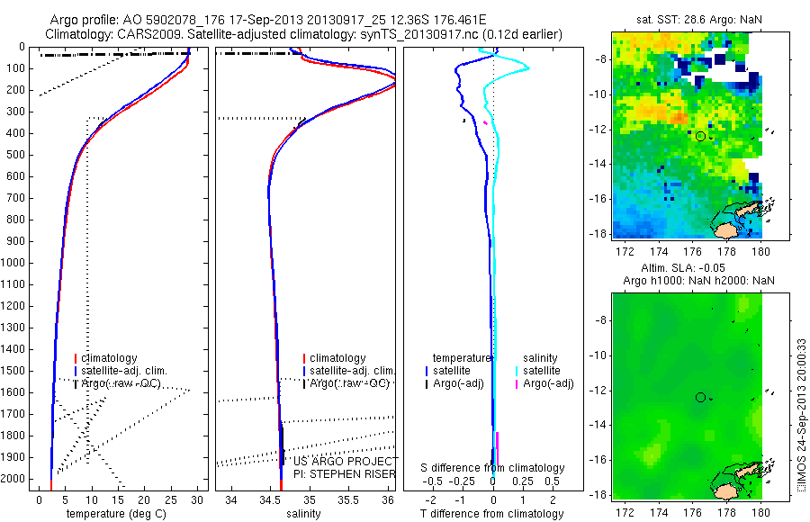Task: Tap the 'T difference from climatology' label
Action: [493, 514]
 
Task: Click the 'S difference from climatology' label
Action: [493, 468]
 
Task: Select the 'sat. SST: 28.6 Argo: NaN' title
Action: [689, 19]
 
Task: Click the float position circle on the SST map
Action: [700, 136]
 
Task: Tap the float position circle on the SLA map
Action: [700, 397]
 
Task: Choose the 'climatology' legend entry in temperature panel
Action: [110, 358]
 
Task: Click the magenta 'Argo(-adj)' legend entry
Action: [548, 383]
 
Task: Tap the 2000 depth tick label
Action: [16, 479]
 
